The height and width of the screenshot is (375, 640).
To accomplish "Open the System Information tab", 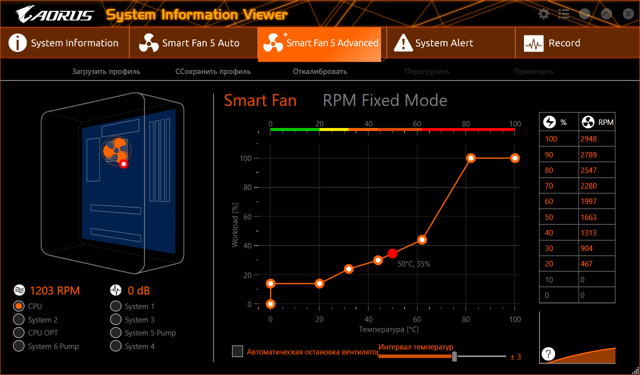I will coord(64,43).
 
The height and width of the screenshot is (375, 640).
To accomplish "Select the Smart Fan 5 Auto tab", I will coord(193,43).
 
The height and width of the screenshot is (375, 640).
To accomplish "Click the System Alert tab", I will coord(435,43).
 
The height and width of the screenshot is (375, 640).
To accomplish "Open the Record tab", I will coord(555,43).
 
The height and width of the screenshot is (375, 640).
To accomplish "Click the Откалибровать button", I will coord(319,71).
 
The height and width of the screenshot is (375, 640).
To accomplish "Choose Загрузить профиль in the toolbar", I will coord(106,71).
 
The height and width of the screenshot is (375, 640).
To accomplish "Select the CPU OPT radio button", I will coord(19,333).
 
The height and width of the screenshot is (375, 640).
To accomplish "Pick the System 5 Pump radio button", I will coord(116,333).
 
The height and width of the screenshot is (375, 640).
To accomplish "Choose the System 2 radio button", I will coord(19,320).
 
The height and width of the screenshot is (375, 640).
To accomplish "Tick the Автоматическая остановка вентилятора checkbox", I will coord(237,351).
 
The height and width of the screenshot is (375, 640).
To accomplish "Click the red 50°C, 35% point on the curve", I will coord(392,253).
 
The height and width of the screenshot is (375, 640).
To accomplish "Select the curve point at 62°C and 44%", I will coord(422,240).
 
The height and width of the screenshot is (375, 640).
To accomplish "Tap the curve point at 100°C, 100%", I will coord(515,158).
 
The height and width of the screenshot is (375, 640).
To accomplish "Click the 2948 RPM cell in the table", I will coord(596,139).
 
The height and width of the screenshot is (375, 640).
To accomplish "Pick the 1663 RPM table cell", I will coord(596,217).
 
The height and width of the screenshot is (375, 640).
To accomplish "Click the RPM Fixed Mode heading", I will coord(385,100).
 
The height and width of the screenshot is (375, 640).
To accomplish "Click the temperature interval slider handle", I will coord(454,356).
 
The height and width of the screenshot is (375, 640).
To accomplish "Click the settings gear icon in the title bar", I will coord(543,14).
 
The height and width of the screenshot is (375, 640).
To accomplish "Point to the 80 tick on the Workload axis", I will coord(248,187).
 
